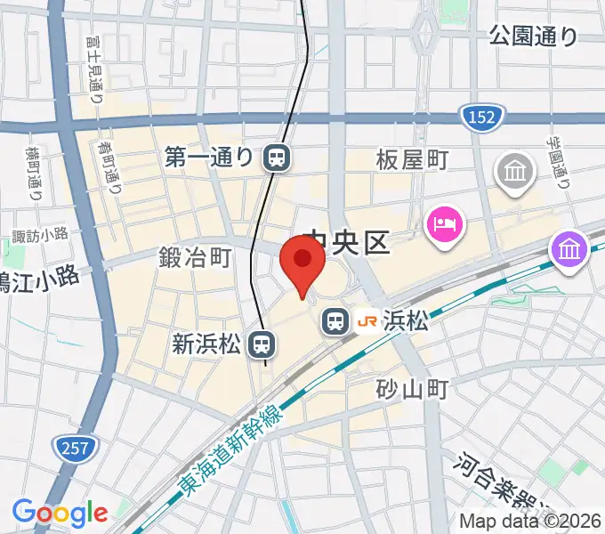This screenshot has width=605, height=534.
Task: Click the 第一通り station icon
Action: click(x=276, y=158)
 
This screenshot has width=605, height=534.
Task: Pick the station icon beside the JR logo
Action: click(x=335, y=320)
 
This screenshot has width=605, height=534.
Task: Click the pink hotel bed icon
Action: click(x=443, y=222)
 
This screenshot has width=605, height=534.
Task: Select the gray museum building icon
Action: click(x=516, y=169)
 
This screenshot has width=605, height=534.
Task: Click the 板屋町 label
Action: click(x=412, y=160)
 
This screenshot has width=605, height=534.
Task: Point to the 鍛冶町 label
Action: click(x=195, y=258)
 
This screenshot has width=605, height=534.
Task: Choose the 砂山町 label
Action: click(x=411, y=388)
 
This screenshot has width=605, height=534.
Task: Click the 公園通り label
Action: click(x=533, y=36)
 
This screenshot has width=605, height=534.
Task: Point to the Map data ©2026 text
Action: click(x=530, y=521)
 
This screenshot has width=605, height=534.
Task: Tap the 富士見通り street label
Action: click(x=94, y=76)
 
